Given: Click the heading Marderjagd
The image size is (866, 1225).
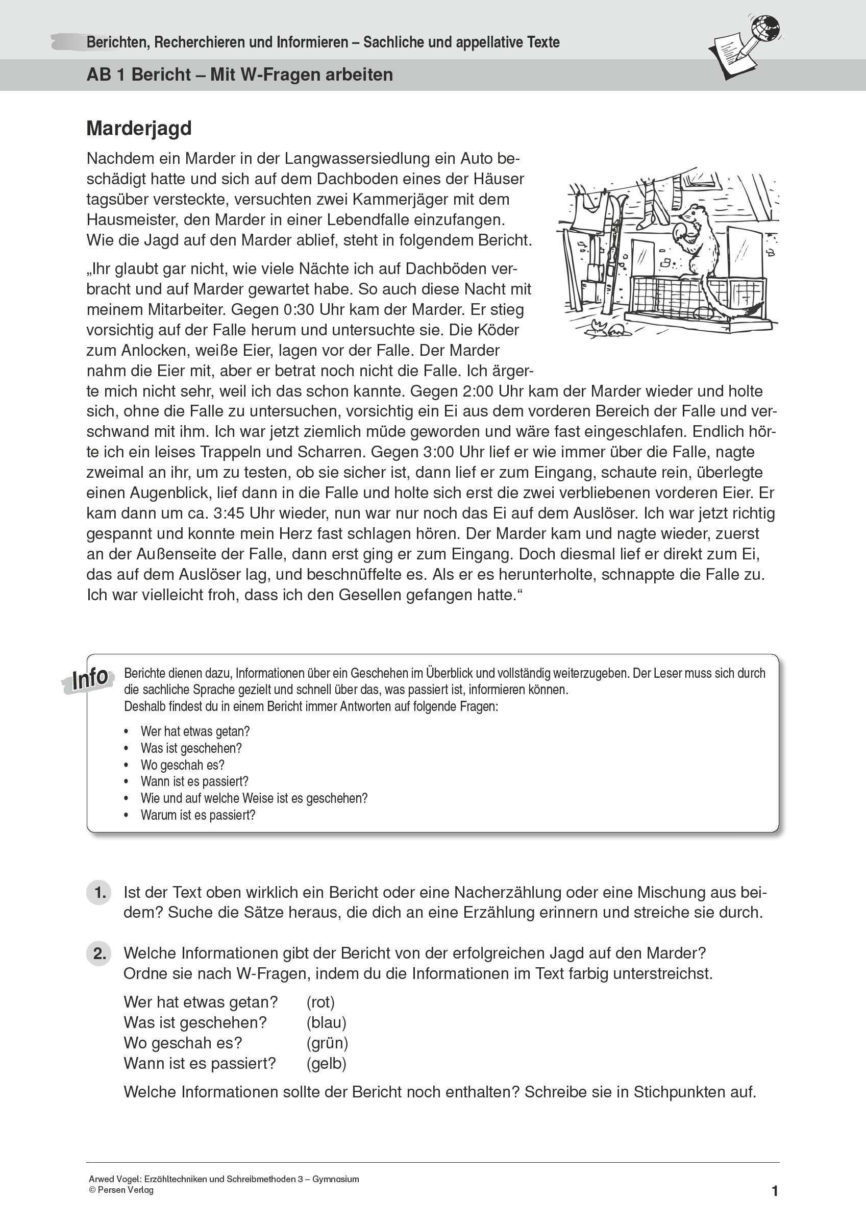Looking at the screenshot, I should point(139,129).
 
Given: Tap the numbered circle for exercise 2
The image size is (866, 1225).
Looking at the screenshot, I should point(98,953).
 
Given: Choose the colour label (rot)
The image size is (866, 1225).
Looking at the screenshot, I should point(320,1002).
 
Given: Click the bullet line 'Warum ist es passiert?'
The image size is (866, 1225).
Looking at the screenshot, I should point(198,815).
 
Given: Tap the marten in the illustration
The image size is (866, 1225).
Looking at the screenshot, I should point(694,240).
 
